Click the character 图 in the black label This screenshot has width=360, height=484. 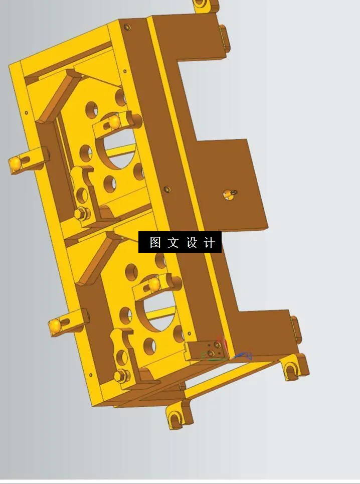(x=155, y=243)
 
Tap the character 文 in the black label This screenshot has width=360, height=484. (x=173, y=243)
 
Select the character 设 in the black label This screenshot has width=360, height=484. (x=192, y=243)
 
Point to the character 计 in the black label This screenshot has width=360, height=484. (x=210, y=243)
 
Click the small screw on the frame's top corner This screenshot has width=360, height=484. (x=127, y=27)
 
